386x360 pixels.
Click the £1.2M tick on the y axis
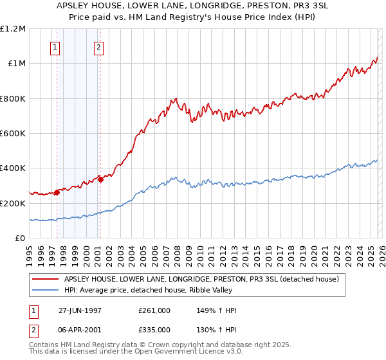point(13,29)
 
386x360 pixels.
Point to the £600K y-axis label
point(13,134)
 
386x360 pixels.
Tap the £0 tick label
point(20,239)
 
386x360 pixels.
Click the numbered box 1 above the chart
point(55,47)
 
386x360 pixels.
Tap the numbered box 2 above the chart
point(98,47)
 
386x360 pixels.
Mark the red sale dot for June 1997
point(57,192)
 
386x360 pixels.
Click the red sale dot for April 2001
point(100,179)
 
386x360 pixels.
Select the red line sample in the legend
point(45,279)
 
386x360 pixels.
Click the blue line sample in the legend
point(45,290)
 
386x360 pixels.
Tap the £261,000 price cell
point(154,311)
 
